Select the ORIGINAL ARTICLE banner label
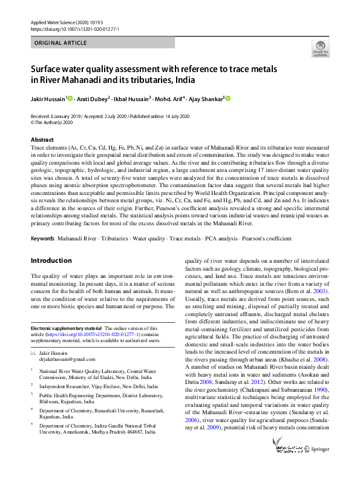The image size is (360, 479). click(61, 43)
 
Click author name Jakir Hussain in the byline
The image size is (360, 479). click(48, 99)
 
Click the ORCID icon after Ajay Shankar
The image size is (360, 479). click(228, 98)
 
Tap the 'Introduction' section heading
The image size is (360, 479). click(51, 260)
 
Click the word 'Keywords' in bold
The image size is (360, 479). click(43, 239)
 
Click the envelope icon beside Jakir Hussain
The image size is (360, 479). click(33, 352)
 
